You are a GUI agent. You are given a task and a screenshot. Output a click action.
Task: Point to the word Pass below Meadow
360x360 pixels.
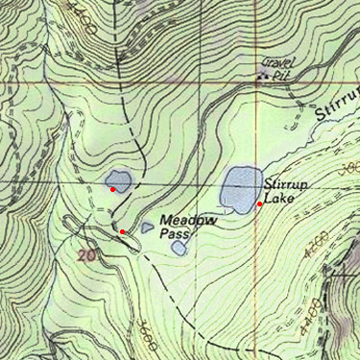tap(176, 233)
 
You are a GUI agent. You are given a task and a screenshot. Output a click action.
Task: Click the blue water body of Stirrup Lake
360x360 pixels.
tap(238, 188)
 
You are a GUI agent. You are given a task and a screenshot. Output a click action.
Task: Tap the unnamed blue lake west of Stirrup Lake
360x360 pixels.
tap(118, 180)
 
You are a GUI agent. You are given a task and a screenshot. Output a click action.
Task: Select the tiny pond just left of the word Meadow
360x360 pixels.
tap(147, 228)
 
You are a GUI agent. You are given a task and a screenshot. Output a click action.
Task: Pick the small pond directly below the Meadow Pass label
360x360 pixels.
tap(180, 248)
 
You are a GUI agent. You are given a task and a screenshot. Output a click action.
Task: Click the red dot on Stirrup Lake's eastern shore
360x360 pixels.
tap(260, 204)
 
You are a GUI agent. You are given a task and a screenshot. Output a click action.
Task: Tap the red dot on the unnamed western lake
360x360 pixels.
tap(113, 189)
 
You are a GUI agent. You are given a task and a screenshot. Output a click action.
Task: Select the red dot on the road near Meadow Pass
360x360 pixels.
tap(122, 231)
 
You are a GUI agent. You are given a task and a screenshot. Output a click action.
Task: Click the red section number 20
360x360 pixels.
tap(88, 256)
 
